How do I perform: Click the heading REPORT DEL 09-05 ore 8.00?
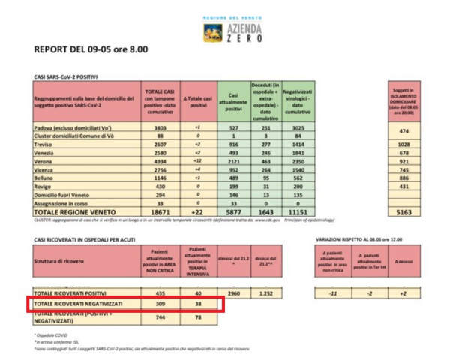pyautogui.click(x=91, y=50)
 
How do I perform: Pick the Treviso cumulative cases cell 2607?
pyautogui.click(x=158, y=145)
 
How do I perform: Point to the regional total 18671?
pyautogui.click(x=158, y=212)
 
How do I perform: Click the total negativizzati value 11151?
pyautogui.click(x=298, y=212)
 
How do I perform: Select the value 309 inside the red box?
pyautogui.click(x=158, y=304)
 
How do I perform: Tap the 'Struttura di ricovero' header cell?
pyautogui.click(x=82, y=260)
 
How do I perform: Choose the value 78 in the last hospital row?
pyautogui.click(x=199, y=317)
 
